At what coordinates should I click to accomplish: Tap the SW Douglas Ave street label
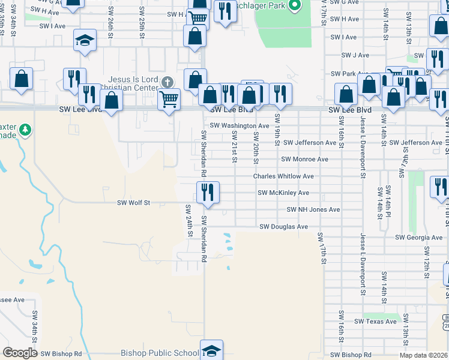[x=283, y=227]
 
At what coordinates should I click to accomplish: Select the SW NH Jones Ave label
[x=313, y=210]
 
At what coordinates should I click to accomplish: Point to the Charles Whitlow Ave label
[x=283, y=176]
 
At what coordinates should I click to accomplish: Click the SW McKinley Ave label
[x=283, y=193]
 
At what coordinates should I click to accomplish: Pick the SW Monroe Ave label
[x=304, y=160]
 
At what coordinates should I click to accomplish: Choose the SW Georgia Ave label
[x=418, y=238]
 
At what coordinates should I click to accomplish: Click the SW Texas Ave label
[x=375, y=322]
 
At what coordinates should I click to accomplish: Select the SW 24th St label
[x=188, y=221]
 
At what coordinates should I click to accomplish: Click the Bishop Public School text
[x=159, y=353]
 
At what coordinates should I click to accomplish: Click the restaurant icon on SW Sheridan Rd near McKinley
[x=208, y=192]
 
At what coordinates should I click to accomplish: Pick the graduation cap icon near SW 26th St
[x=85, y=41]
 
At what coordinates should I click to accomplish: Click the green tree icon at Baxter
[x=25, y=130]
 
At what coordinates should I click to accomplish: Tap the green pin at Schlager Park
[x=294, y=6]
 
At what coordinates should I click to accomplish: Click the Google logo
[x=20, y=353]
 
